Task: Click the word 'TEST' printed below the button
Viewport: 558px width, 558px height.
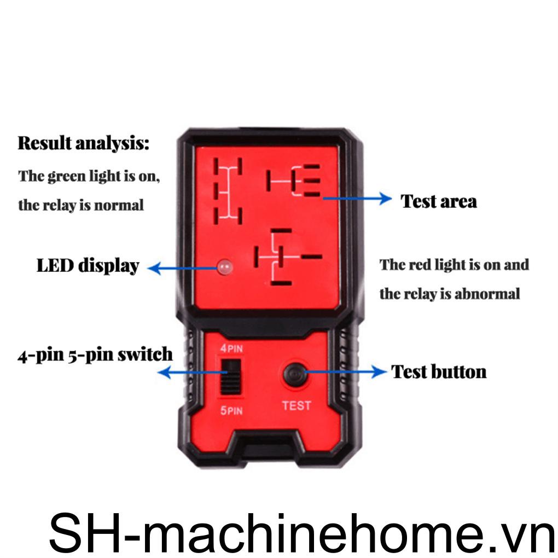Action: coord(297,406)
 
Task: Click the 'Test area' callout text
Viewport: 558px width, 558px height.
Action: coord(439,201)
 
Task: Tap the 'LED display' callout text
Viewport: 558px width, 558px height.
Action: coord(88,266)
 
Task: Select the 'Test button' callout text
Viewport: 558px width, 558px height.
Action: coord(439,372)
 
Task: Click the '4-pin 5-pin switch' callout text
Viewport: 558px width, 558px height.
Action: coord(95,355)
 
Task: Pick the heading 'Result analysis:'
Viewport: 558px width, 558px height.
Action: coord(84,144)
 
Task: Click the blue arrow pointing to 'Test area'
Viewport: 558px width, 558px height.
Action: coord(356,198)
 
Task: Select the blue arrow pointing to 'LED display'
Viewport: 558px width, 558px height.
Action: coord(183,268)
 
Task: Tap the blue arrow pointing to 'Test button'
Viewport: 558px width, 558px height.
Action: coord(345,372)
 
